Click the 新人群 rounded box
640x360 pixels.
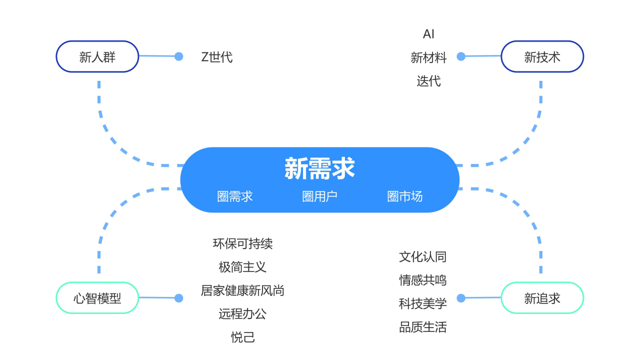coord(97,56)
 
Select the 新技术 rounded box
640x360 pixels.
coord(542,56)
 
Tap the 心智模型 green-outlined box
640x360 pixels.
coord(97,298)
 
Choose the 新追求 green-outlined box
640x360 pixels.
coord(542,298)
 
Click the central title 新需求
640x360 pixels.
coord(319,168)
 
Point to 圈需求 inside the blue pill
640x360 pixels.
coord(235,196)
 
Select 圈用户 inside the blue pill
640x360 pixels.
coord(319,196)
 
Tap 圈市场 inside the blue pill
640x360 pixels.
coord(404,196)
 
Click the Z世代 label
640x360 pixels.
coord(216,57)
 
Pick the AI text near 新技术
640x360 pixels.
coord(428,34)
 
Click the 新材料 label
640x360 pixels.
coord(428,57)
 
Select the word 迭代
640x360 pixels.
coord(428,81)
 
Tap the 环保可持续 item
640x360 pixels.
coord(242,243)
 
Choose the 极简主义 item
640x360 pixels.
coord(242,267)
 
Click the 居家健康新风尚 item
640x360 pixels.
coord(242,290)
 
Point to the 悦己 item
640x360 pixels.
coord(242,337)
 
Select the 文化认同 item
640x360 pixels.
coord(422,257)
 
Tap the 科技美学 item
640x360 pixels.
coord(422,303)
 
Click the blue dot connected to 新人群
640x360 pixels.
coord(178,56)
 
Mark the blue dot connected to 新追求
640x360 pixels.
coord(461,298)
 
